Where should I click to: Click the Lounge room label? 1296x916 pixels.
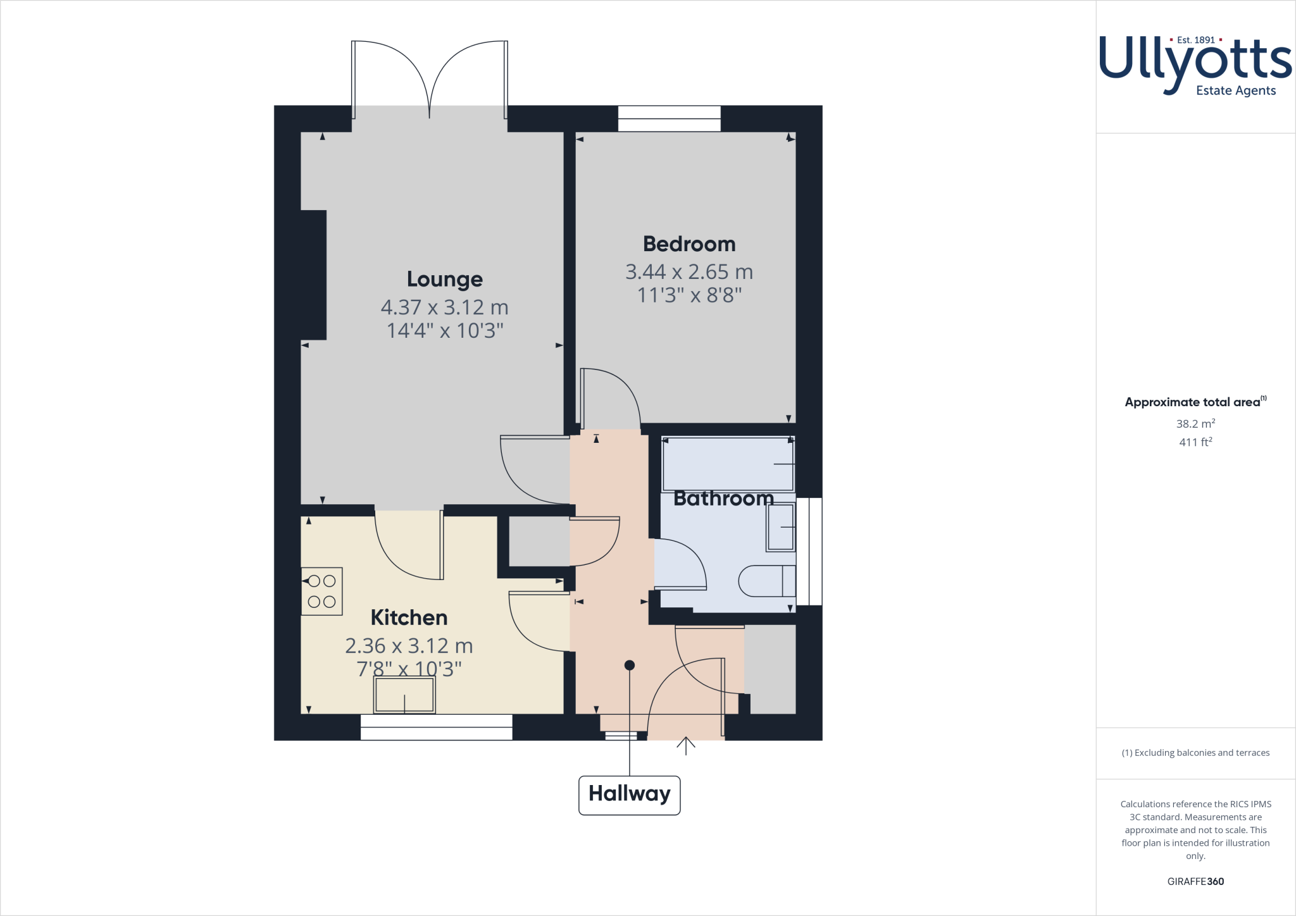click(444, 279)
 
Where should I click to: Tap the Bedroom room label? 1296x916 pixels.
click(688, 244)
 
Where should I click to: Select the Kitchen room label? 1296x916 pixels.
click(409, 617)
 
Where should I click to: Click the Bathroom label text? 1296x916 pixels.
click(723, 498)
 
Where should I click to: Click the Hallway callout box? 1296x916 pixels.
click(629, 795)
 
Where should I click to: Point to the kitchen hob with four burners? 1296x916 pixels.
click(321, 591)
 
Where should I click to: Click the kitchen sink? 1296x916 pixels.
click(404, 695)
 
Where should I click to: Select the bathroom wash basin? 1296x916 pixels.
click(781, 527)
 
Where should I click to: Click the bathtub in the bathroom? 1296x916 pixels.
click(728, 464)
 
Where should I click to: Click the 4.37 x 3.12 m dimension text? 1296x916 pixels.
click(444, 307)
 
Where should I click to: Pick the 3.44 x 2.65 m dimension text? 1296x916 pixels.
click(688, 272)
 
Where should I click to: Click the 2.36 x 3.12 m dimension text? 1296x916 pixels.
click(409, 646)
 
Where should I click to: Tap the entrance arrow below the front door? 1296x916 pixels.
click(685, 746)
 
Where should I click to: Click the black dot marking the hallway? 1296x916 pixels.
click(629, 665)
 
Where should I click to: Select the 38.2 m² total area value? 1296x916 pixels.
click(1195, 424)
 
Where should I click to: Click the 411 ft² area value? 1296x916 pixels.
click(1195, 442)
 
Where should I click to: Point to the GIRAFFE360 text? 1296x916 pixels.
click(1195, 881)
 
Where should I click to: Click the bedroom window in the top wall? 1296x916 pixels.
click(669, 119)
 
